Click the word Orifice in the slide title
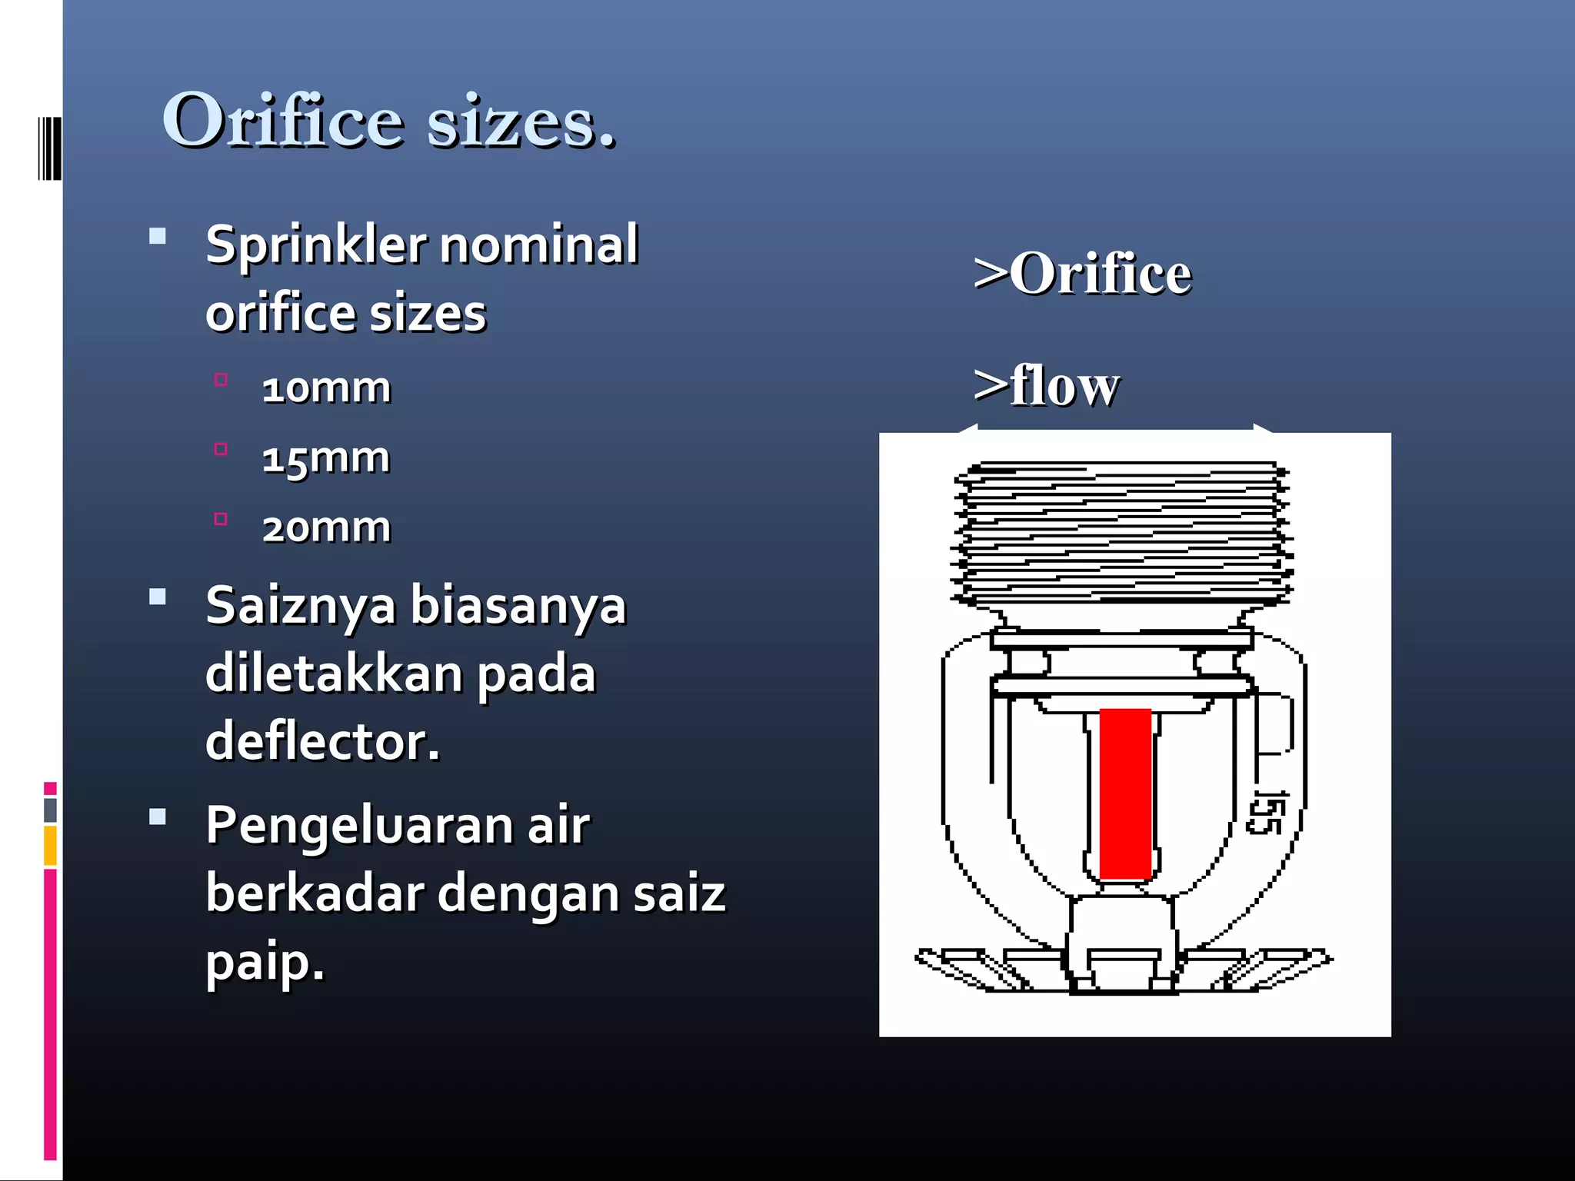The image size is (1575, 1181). pyautogui.click(x=282, y=121)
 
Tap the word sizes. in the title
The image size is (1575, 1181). pyautogui.click(x=521, y=123)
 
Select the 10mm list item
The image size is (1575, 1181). pyautogui.click(x=326, y=388)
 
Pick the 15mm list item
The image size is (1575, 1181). pyautogui.click(x=326, y=458)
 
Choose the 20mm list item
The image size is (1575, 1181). pyautogui.click(x=326, y=527)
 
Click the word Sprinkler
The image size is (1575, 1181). pyautogui.click(x=315, y=245)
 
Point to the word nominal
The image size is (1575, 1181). pyautogui.click(x=538, y=245)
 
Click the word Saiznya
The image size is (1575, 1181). pyautogui.click(x=301, y=606)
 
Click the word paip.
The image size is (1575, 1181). pyautogui.click(x=265, y=963)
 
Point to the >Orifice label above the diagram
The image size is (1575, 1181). pyautogui.click(x=1082, y=274)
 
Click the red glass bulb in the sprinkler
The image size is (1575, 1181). pyautogui.click(x=1125, y=793)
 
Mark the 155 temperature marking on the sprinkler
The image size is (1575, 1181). pyautogui.click(x=1267, y=812)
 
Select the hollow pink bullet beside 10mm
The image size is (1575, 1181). pyautogui.click(x=221, y=379)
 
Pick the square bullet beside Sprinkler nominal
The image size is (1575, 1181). pyautogui.click(x=158, y=236)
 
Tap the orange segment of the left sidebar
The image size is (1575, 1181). pyautogui.click(x=50, y=845)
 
